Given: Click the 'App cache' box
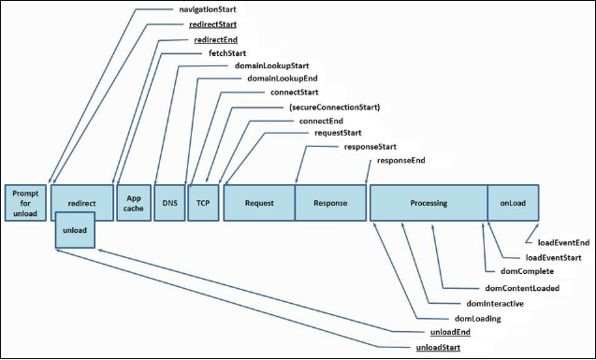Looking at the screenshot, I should [132, 202].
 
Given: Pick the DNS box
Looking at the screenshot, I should [168, 202].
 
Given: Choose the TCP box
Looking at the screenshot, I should [202, 202].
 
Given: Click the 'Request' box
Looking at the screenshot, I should [258, 202].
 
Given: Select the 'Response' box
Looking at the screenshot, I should [330, 202].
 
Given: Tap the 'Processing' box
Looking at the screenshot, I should [428, 202].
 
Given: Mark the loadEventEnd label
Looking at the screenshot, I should [561, 243].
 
